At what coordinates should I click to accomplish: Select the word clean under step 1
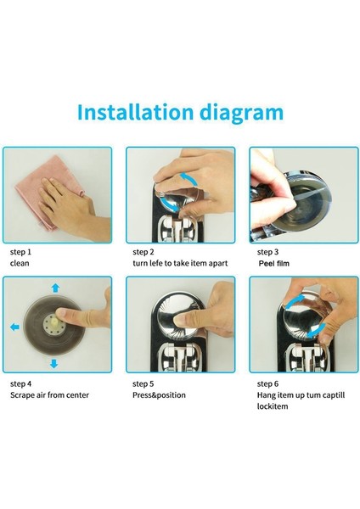click(x=20, y=263)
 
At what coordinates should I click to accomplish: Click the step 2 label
click(x=143, y=252)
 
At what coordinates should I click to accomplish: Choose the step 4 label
click(x=21, y=383)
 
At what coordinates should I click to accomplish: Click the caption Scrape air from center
click(x=49, y=394)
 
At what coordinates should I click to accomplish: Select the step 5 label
click(x=143, y=383)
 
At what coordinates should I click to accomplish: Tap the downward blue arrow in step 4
click(x=53, y=363)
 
